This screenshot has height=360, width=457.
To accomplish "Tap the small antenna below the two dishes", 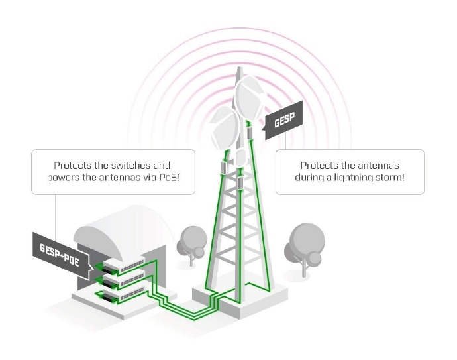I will pos(240,158).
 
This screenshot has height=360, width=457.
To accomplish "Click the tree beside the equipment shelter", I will pos(192,241).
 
